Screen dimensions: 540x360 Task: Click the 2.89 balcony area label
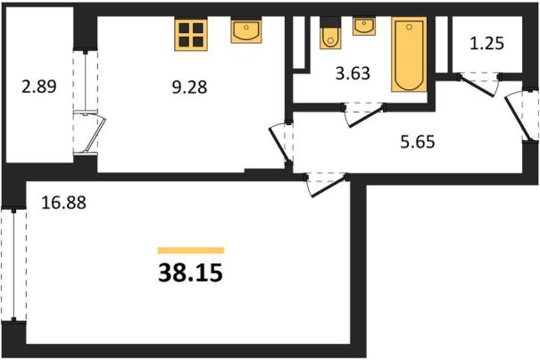(x=39, y=87)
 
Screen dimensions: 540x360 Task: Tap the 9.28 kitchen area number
(x=189, y=88)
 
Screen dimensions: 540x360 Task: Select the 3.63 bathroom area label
(x=353, y=73)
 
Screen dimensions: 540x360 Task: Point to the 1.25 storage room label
(x=487, y=44)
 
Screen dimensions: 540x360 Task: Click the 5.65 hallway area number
(x=418, y=142)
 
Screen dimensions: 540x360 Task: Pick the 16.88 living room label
(x=63, y=203)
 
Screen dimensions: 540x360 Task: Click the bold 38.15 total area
(x=190, y=272)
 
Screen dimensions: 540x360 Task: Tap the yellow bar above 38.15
(x=191, y=250)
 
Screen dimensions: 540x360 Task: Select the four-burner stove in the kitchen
(x=191, y=35)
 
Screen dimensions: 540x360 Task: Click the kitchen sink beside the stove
(x=245, y=31)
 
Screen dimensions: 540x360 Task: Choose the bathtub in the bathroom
(x=409, y=54)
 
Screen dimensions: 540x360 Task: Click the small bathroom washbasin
(x=364, y=26)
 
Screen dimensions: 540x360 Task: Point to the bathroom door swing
(x=364, y=115)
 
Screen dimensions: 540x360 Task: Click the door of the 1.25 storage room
(x=479, y=85)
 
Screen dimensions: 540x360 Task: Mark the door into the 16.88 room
(x=326, y=185)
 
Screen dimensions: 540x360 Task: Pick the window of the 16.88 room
(x=13, y=264)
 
